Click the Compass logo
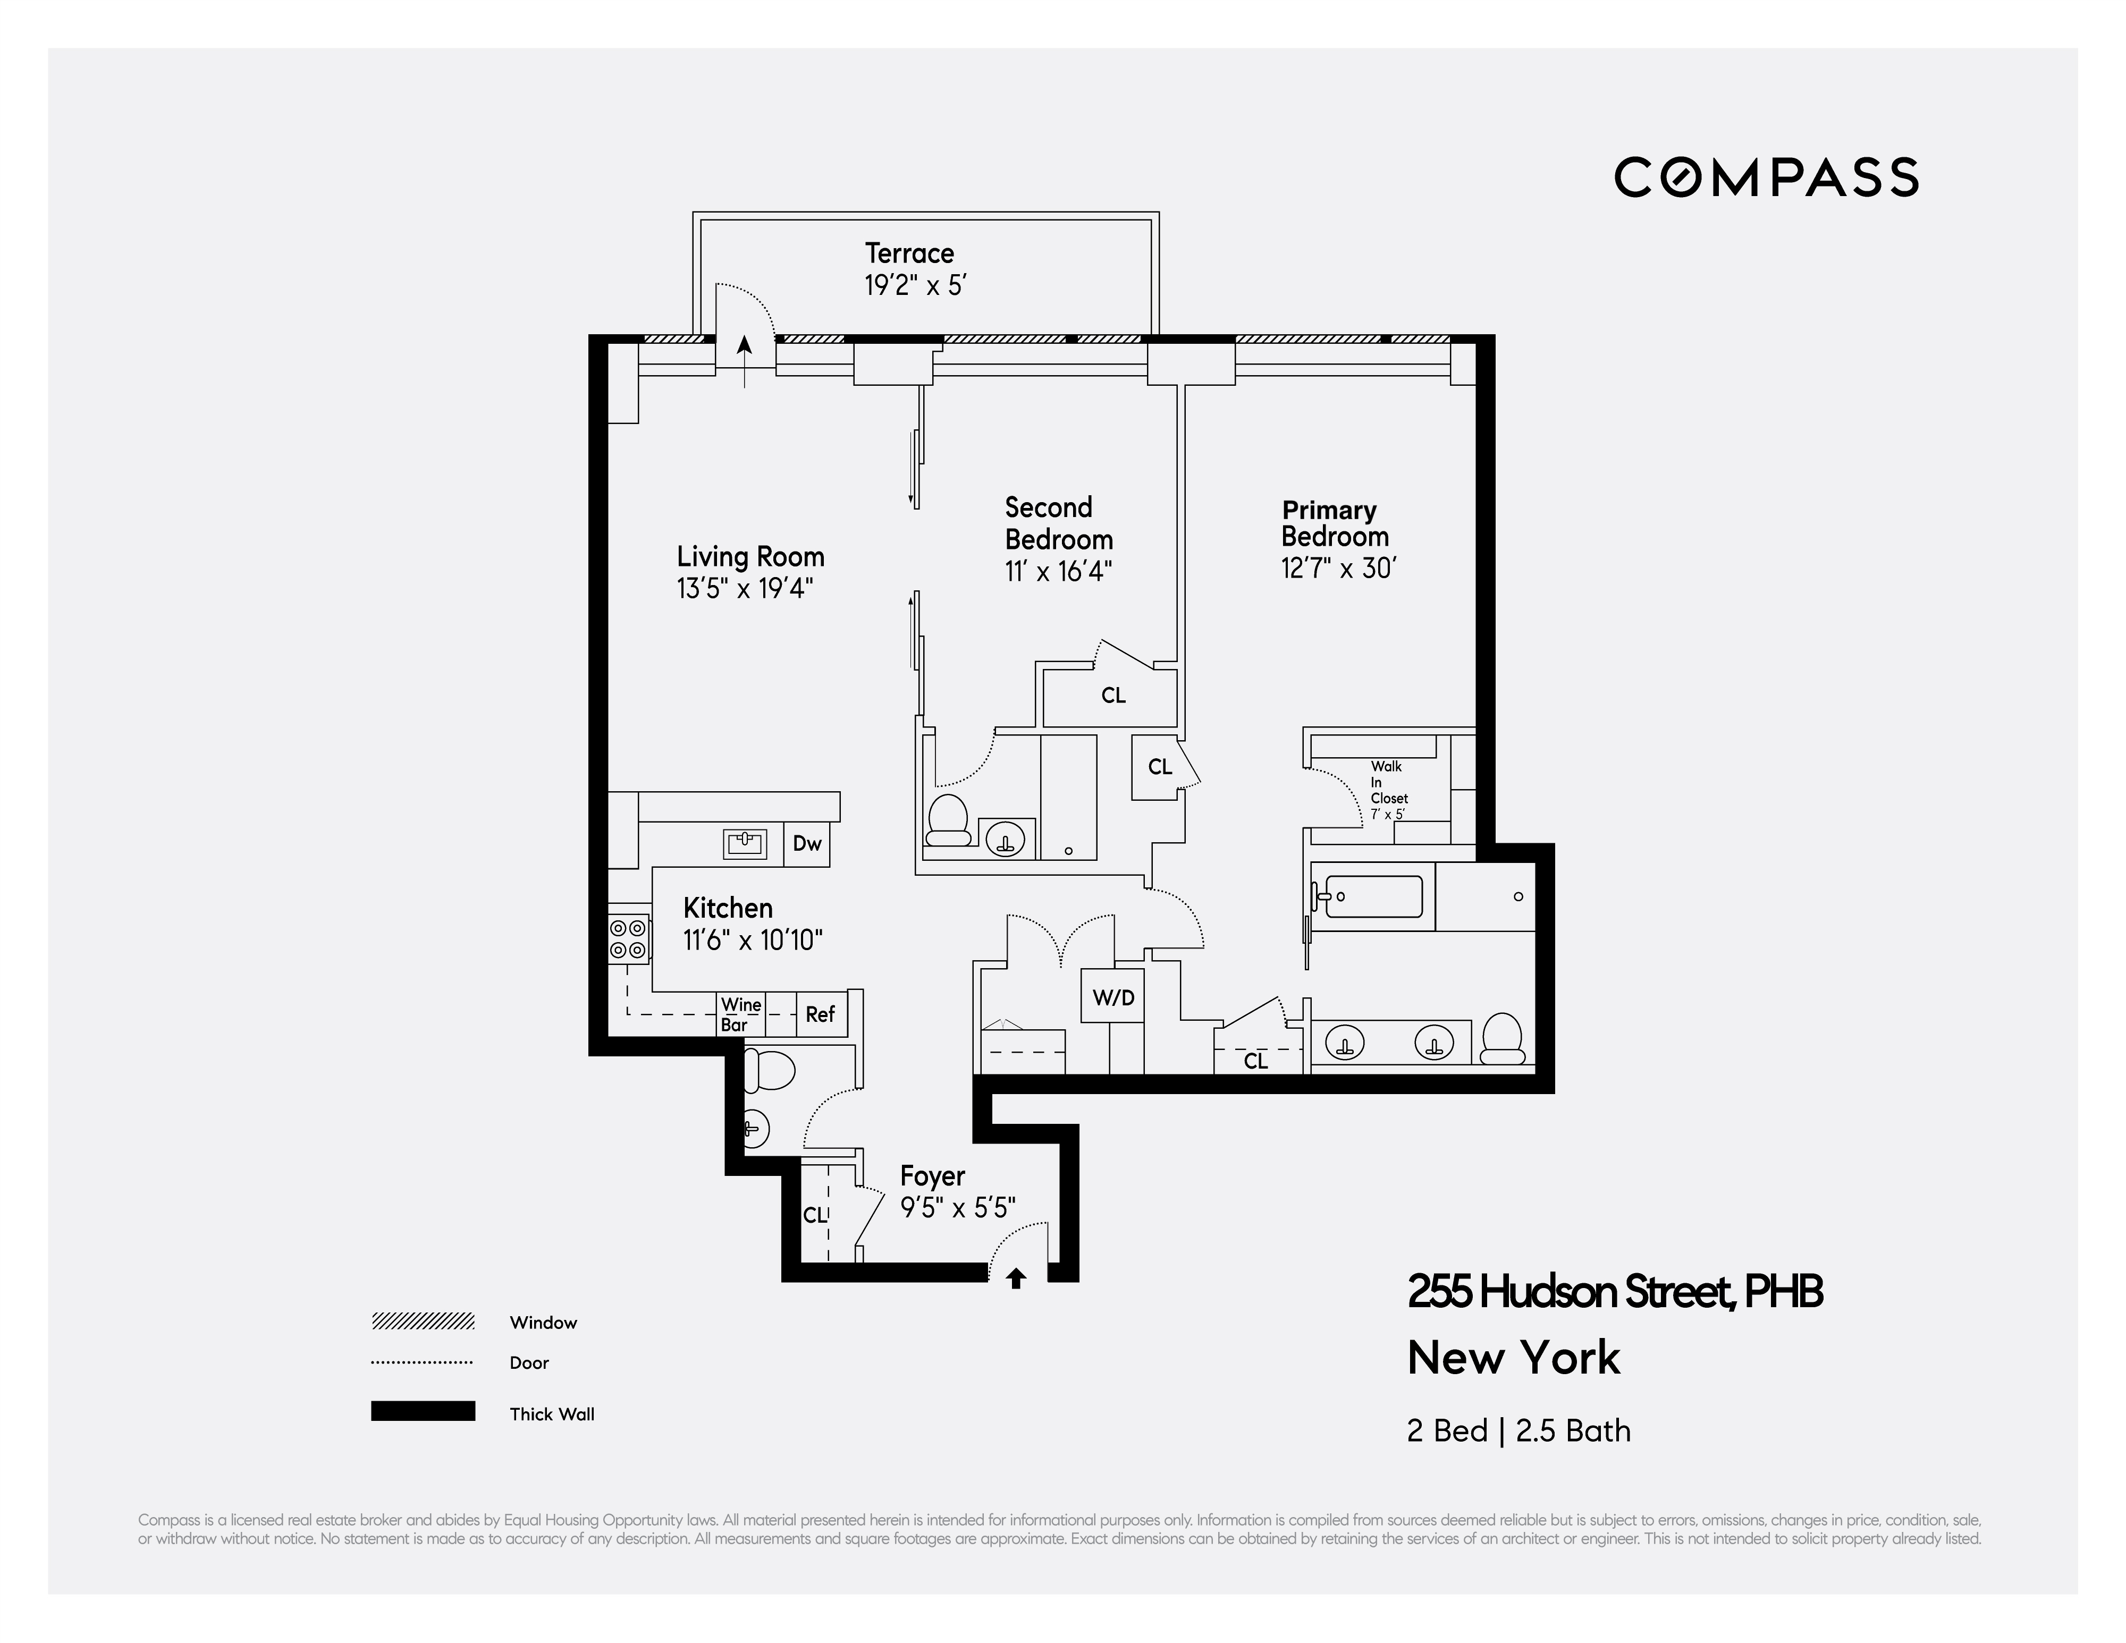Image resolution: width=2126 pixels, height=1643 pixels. click(x=1766, y=177)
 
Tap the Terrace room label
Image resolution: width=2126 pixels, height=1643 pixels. click(x=909, y=253)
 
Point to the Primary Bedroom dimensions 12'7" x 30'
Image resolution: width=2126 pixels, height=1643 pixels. click(x=1338, y=569)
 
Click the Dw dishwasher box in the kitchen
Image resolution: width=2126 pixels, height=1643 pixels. click(x=807, y=844)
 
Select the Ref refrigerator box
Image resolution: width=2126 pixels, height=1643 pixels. click(x=820, y=1014)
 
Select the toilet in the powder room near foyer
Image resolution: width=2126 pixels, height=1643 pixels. click(x=769, y=1072)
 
